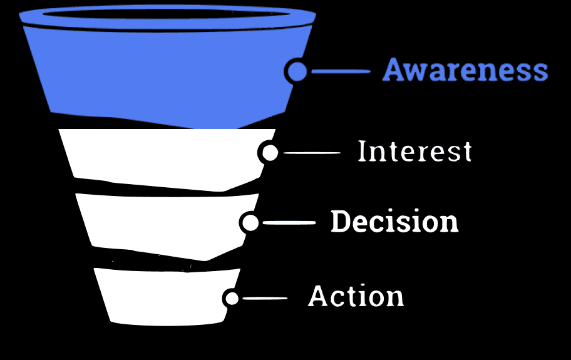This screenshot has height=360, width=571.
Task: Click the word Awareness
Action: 465,70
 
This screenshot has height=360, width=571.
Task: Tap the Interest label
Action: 414,152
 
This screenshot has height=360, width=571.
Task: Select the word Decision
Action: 394,222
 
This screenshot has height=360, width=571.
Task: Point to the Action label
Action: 356,296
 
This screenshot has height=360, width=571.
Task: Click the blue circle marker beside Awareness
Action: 298,71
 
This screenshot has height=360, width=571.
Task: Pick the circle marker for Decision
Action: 250,223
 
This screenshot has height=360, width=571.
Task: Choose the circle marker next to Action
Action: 232,298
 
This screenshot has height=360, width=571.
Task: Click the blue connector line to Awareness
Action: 341,71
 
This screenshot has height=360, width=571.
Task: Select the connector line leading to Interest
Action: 312,153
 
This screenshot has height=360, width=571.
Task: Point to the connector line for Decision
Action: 289,223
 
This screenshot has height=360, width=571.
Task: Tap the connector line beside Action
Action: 265,298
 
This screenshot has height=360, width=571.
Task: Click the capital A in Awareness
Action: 393,70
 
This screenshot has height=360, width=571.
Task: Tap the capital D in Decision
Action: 340,222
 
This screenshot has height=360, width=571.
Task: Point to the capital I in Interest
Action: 361,152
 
